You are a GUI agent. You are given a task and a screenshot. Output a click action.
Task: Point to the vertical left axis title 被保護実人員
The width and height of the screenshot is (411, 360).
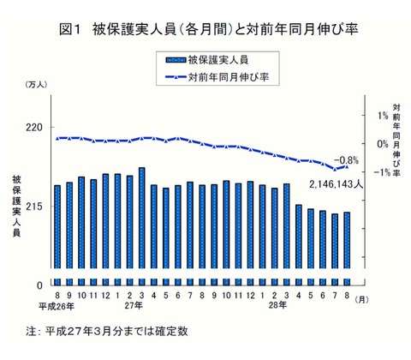pyautogui.click(x=16, y=211)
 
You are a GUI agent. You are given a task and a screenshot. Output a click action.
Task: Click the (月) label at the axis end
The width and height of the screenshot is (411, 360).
pyautogui.click(x=363, y=297)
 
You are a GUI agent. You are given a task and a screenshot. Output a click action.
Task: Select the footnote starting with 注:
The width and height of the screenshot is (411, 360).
pyautogui.click(x=107, y=330)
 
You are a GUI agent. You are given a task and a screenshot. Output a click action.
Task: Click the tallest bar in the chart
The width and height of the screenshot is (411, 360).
pyautogui.click(x=141, y=225)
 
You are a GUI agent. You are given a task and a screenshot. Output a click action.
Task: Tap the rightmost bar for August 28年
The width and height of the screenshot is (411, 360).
pyautogui.click(x=347, y=248)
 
